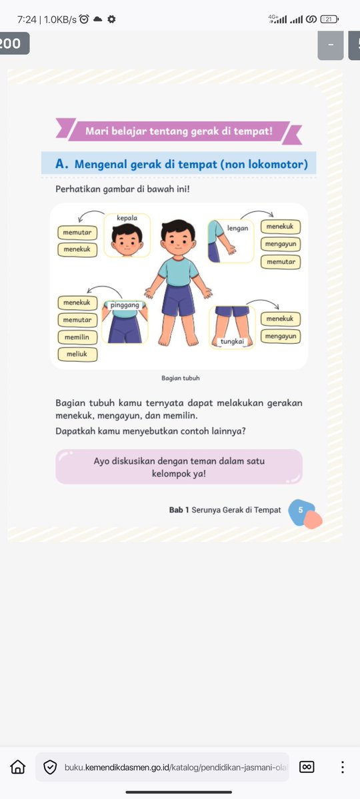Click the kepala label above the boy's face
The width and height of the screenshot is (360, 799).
click(x=127, y=218)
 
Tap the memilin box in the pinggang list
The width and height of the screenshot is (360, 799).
click(x=77, y=337)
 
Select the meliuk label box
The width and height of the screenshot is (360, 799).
click(x=77, y=354)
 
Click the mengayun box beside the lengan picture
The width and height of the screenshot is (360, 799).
click(x=280, y=245)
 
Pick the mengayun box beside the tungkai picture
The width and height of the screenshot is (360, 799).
click(x=280, y=336)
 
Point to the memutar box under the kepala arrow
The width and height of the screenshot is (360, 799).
click(x=77, y=233)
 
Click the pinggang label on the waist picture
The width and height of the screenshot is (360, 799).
click(x=125, y=305)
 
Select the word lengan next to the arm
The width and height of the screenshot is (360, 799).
click(x=237, y=228)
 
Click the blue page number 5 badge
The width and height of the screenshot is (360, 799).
click(x=301, y=510)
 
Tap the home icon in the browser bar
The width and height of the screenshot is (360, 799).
click(x=18, y=767)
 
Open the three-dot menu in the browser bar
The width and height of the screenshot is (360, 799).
click(x=343, y=767)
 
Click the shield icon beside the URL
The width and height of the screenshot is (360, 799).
click(x=50, y=767)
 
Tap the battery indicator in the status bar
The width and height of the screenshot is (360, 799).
click(x=329, y=19)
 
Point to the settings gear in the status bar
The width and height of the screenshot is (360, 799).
click(x=111, y=19)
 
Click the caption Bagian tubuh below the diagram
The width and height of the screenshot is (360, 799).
click(x=180, y=378)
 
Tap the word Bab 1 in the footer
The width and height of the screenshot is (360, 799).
click(x=179, y=510)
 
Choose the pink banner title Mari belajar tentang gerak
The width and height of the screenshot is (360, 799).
click(x=179, y=131)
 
